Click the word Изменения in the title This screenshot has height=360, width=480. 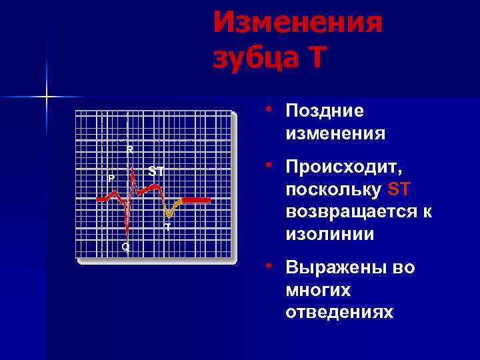click(x=298, y=24)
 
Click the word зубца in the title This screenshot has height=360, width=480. click(x=253, y=57)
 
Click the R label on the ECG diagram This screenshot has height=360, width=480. click(x=130, y=148)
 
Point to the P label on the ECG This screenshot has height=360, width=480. click(x=111, y=179)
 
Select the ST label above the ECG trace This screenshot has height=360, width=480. click(x=156, y=171)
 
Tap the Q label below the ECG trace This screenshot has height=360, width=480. click(x=125, y=247)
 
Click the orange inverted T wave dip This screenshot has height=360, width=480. click(x=171, y=212)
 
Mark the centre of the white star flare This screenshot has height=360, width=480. click(x=46, y=97)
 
